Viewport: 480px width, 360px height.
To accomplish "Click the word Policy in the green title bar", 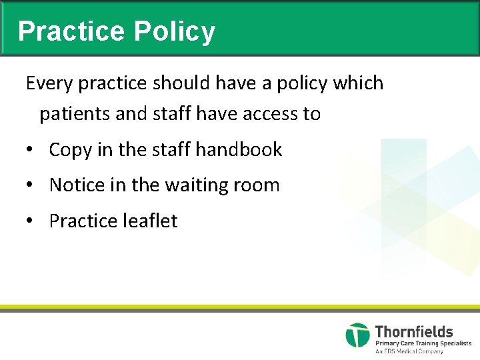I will (x=175, y=31).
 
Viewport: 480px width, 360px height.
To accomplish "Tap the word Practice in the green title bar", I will (x=71, y=31).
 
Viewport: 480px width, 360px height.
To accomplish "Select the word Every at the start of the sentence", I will (x=49, y=83).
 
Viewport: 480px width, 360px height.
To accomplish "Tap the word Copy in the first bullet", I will (x=71, y=150).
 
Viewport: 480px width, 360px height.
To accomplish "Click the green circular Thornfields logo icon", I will (x=357, y=335).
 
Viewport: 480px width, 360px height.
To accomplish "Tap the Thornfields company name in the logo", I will (x=414, y=331).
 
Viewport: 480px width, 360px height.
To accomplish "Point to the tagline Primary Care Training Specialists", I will (x=423, y=343).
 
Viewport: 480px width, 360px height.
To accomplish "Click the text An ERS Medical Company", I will (x=409, y=351).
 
